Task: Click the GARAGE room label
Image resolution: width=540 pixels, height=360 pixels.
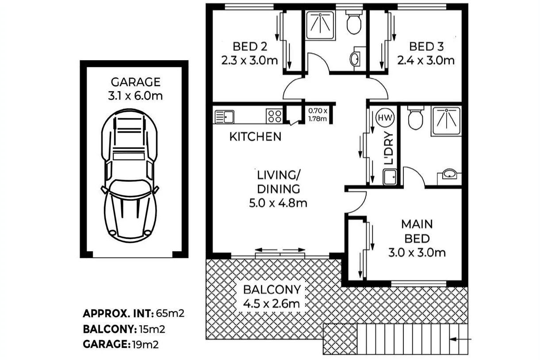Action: [x=135, y=82]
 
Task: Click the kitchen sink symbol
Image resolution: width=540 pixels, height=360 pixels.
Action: [x=225, y=117]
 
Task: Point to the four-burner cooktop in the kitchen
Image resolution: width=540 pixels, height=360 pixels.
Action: [x=274, y=116]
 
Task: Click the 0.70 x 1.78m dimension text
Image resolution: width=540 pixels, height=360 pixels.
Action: [x=318, y=115]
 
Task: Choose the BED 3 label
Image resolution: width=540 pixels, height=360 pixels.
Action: [x=426, y=46]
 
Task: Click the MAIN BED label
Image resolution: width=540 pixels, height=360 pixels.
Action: [x=417, y=231]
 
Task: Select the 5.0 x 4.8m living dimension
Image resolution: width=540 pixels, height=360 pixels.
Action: [x=278, y=203]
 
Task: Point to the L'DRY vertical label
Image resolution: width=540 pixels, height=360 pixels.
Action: [x=389, y=149]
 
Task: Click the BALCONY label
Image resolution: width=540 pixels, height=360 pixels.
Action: [x=272, y=290]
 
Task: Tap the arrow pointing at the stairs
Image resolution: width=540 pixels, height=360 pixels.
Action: [x=461, y=340]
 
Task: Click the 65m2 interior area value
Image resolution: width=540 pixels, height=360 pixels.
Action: [x=169, y=314]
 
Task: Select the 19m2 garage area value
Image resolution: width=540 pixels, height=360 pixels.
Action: [x=145, y=345]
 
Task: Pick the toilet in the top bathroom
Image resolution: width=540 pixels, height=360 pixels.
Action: [x=354, y=23]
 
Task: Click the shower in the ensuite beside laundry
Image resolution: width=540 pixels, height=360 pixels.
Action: [x=446, y=120]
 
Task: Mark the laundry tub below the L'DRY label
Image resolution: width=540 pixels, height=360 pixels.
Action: [x=390, y=178]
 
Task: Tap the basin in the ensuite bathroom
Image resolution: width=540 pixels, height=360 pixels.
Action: [x=449, y=174]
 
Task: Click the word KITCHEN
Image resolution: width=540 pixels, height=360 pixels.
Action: [x=255, y=137]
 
